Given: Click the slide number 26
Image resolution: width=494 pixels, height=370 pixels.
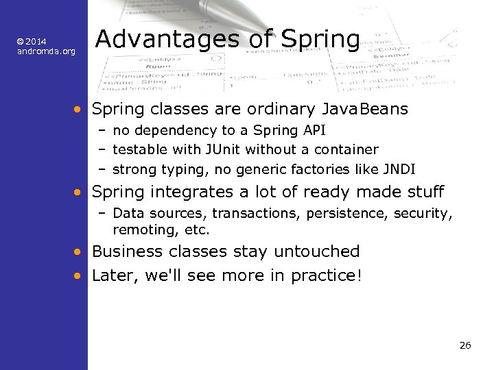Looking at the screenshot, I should point(464,345).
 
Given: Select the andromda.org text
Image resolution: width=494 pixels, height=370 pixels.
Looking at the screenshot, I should point(46,51).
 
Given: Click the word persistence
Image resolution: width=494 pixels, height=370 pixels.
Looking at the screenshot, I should point(348,214).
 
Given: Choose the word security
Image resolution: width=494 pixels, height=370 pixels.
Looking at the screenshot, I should point(423,214).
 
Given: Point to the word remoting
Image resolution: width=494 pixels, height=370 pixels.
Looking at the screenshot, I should point(139,230).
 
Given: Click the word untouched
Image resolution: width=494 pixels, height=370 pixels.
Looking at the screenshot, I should point(316,251).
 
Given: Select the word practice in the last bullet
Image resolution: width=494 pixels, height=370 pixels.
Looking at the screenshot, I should point(322,275).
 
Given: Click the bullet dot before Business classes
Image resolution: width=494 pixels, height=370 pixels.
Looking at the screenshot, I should point(80,252).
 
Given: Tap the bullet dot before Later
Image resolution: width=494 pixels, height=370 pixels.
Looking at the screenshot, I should point(80,275).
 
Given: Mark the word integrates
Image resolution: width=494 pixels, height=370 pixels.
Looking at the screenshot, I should point(179,192).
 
